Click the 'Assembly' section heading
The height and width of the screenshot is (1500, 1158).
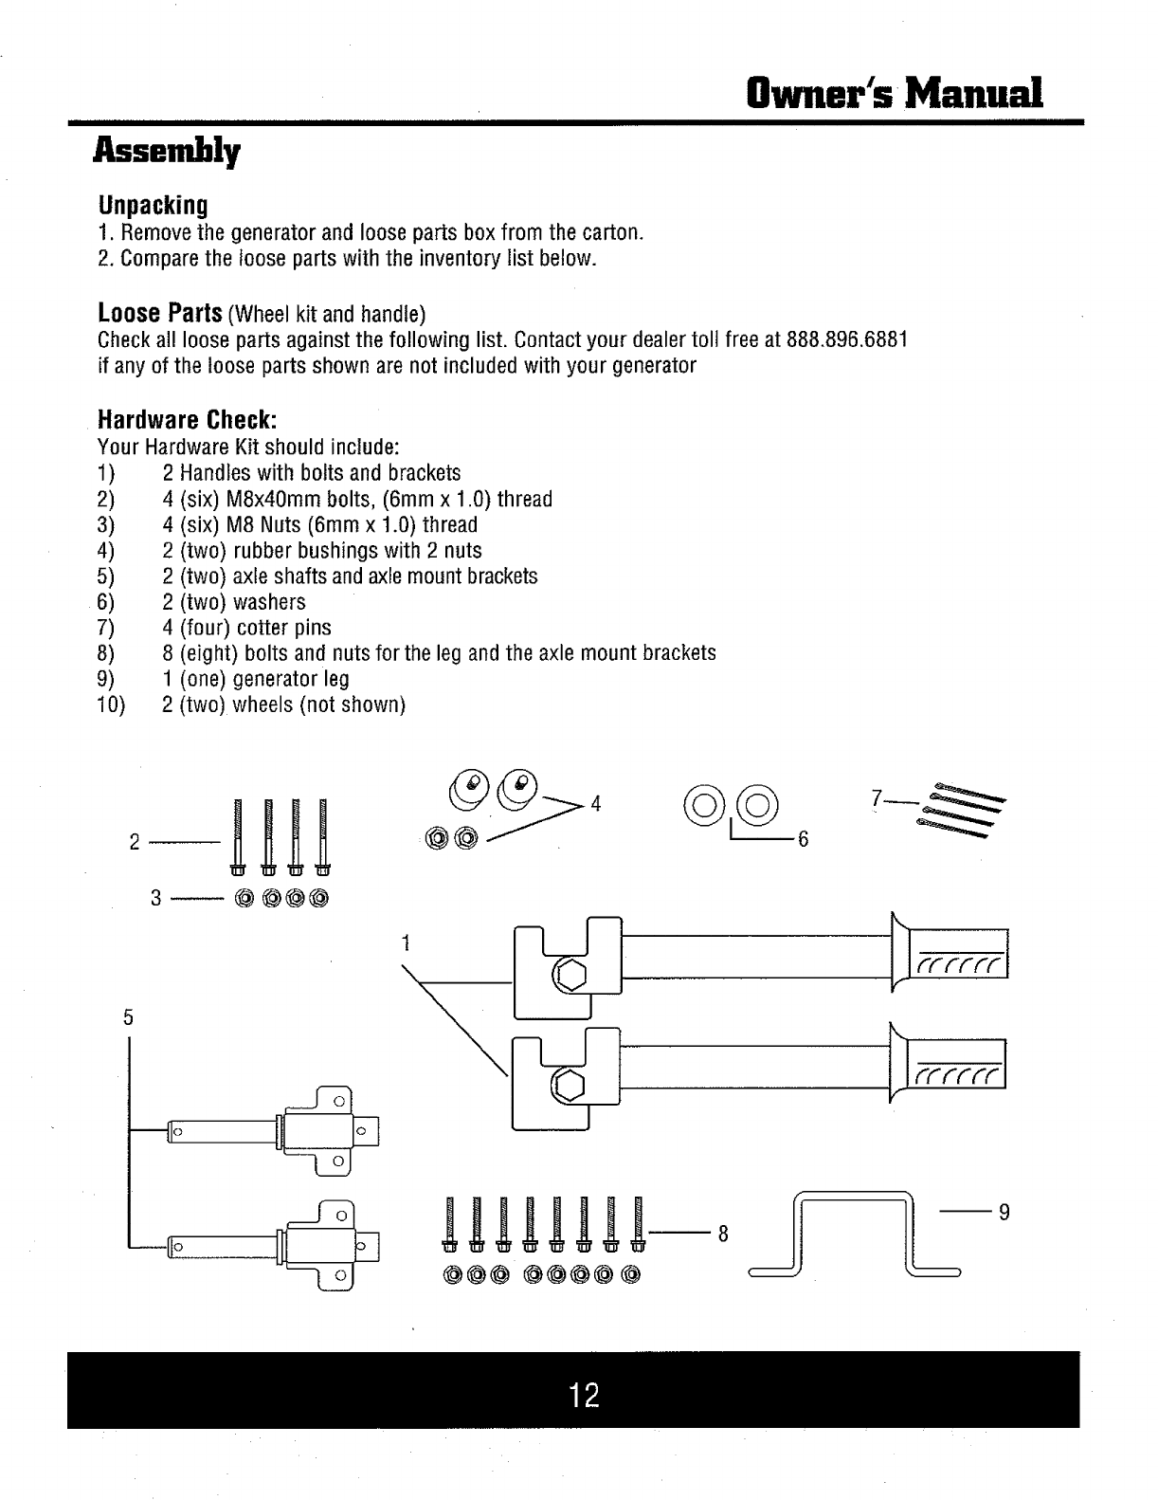166,152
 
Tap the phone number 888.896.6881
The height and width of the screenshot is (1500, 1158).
848,340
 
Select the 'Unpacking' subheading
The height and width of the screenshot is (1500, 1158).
153,205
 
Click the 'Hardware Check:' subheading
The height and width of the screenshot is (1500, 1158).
188,419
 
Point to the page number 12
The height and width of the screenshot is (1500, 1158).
585,1395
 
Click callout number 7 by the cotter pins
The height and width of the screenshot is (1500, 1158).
877,798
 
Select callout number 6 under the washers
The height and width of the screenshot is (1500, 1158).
803,839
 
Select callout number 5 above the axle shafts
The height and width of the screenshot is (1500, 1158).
127,1016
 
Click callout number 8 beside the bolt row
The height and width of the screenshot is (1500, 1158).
723,1234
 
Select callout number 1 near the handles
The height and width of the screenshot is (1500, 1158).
405,942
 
